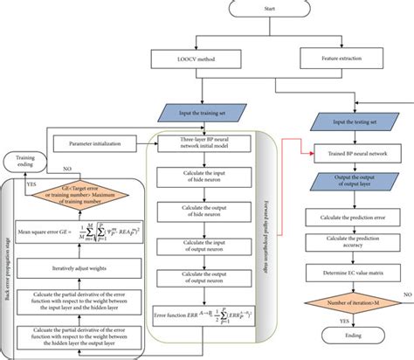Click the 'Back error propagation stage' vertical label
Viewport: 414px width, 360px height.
pyautogui.click(x=8, y=262)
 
